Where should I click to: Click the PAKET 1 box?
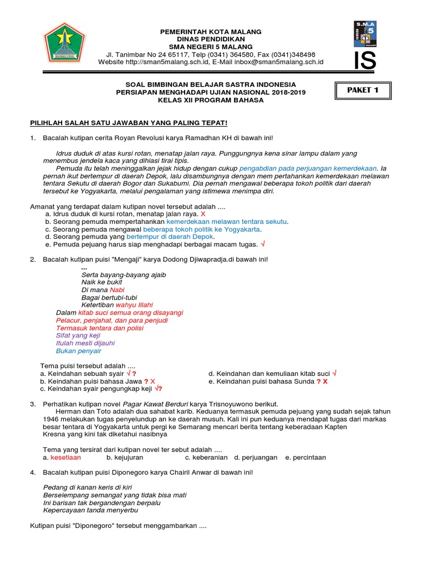363,91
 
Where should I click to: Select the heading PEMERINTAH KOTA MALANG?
210,32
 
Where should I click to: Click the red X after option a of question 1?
203,213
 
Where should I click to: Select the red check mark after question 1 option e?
263,244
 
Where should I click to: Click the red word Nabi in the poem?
117,289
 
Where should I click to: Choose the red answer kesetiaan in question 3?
65,457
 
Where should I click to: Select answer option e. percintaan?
306,457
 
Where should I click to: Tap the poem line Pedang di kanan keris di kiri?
87,487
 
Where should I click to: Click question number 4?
33,472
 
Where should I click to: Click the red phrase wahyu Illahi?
134,305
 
